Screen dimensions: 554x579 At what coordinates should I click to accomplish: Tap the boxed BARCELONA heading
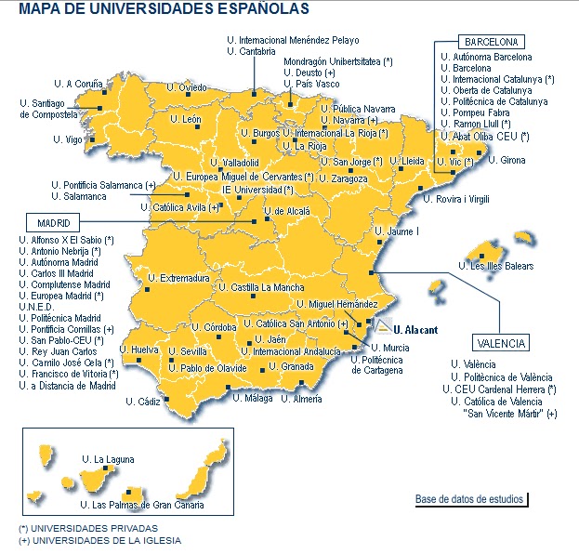pyautogui.click(x=491, y=42)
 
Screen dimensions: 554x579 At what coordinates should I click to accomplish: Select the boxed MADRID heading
pyautogui.click(x=55, y=224)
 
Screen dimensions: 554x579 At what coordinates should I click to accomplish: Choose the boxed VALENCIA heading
pyautogui.click(x=500, y=343)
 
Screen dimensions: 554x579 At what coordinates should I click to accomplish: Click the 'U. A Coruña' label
pyautogui.click(x=77, y=83)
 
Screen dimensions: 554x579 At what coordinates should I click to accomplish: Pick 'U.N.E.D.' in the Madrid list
pyautogui.click(x=36, y=307)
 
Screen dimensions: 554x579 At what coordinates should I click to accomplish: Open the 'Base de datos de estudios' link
pyautogui.click(x=469, y=499)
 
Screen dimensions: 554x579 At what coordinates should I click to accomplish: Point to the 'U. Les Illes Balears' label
pyautogui.click(x=502, y=267)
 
